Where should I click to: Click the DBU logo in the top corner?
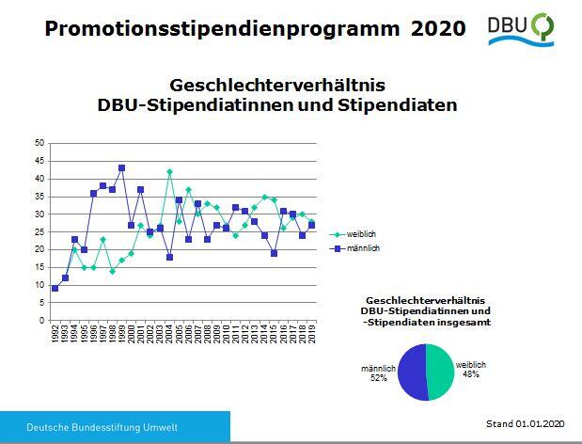click(x=520, y=29)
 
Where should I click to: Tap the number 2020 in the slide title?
click(x=438, y=29)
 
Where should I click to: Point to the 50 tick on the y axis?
click(x=39, y=143)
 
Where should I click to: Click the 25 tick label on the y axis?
click(x=39, y=231)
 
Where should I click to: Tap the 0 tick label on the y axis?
click(x=41, y=320)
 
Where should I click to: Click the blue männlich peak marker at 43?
click(x=121, y=168)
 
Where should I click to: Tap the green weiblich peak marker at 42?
click(x=169, y=172)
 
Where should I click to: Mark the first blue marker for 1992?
click(x=55, y=288)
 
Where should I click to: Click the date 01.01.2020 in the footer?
click(x=540, y=423)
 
